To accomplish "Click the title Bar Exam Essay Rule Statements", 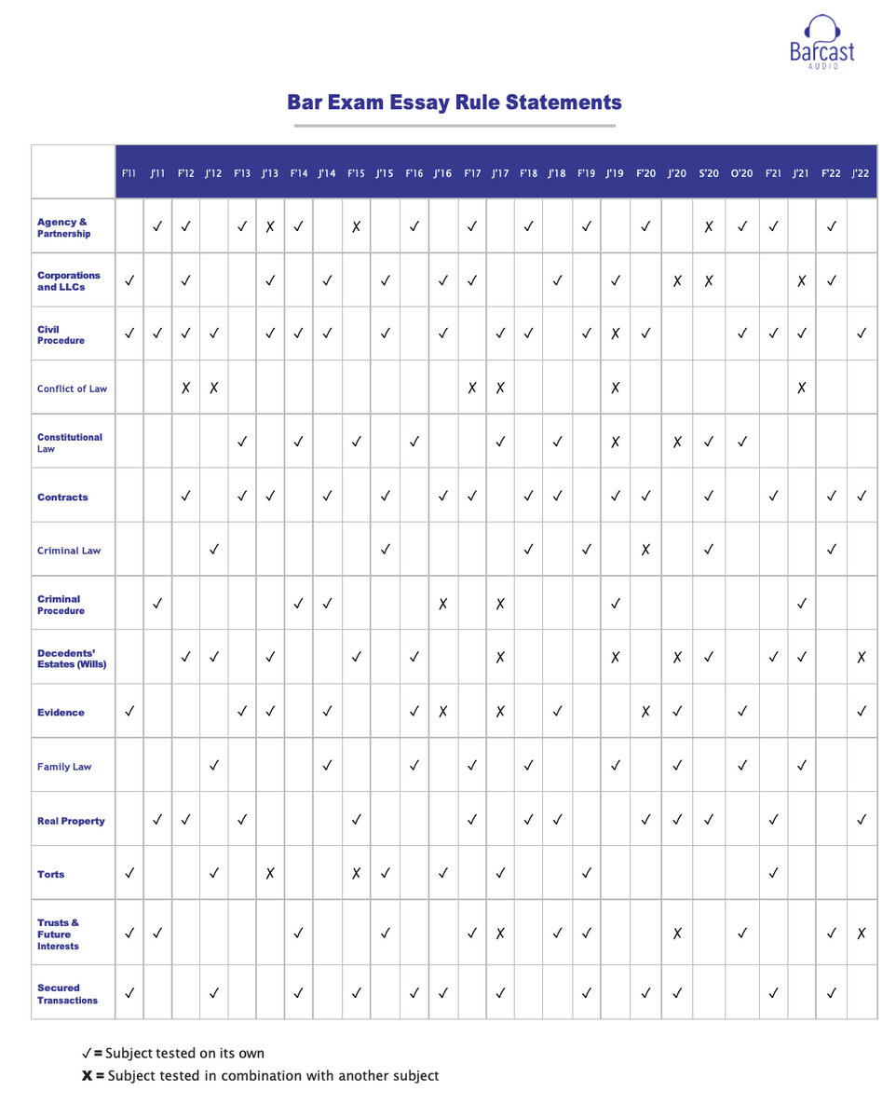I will coord(455,102).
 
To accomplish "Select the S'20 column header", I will coord(708,172).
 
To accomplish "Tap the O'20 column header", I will coord(741,172).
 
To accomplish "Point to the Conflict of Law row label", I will coord(72,389).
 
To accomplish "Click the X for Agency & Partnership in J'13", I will coord(270,225).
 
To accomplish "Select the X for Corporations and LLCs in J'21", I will coord(801,280).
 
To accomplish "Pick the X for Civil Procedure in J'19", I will coord(614,333).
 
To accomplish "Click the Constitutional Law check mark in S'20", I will coord(708,443).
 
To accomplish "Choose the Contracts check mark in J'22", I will coord(862,497).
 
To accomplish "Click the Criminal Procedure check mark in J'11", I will coord(157,605).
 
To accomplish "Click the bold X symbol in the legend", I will coord(87,1076).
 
